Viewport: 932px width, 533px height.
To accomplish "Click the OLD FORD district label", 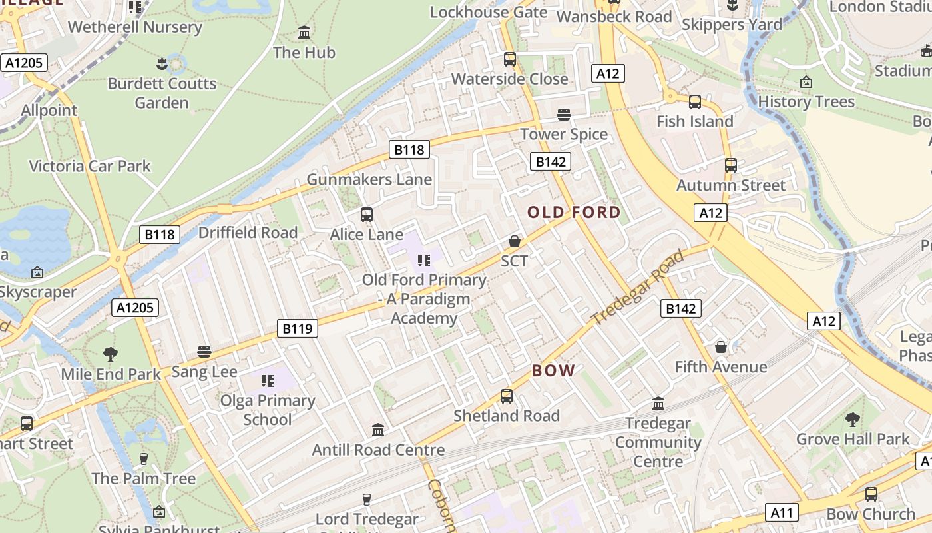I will coord(574,213).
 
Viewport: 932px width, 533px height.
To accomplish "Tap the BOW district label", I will coord(553,371).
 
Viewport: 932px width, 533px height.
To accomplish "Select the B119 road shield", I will coord(297,328).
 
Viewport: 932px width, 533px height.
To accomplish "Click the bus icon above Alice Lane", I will coord(366,215).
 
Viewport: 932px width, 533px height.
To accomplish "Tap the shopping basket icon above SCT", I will coord(514,241).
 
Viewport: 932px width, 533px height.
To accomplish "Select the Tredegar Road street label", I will coord(637,286).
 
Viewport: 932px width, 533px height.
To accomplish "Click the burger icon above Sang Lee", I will coord(204,352).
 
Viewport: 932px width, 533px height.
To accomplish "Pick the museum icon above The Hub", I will coord(304,32).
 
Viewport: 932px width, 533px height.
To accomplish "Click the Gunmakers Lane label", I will coord(369,179).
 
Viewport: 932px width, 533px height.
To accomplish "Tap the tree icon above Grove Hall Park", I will coord(852,420).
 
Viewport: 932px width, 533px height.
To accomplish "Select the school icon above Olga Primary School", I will coord(268,381).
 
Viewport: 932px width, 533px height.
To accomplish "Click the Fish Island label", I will coord(694,121).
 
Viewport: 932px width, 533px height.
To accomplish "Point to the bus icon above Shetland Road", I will coord(506,396).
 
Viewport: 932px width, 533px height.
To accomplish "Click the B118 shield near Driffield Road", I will coord(160,234).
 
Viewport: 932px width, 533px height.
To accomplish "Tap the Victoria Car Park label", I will coord(90,166).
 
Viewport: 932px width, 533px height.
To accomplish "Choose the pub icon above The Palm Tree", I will coord(143,458).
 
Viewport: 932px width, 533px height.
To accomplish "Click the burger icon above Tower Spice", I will coord(564,115).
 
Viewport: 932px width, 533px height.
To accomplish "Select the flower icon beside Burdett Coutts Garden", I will coord(161,64).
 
